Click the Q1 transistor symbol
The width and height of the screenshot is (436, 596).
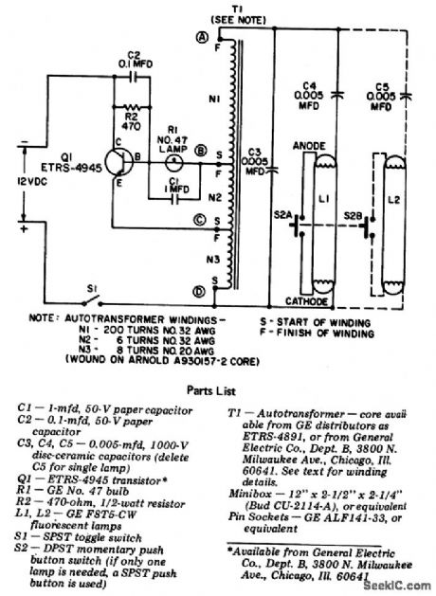coord(117,157)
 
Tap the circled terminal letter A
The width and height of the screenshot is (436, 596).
coord(202,38)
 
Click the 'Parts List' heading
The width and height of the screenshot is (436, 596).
coord(218,388)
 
